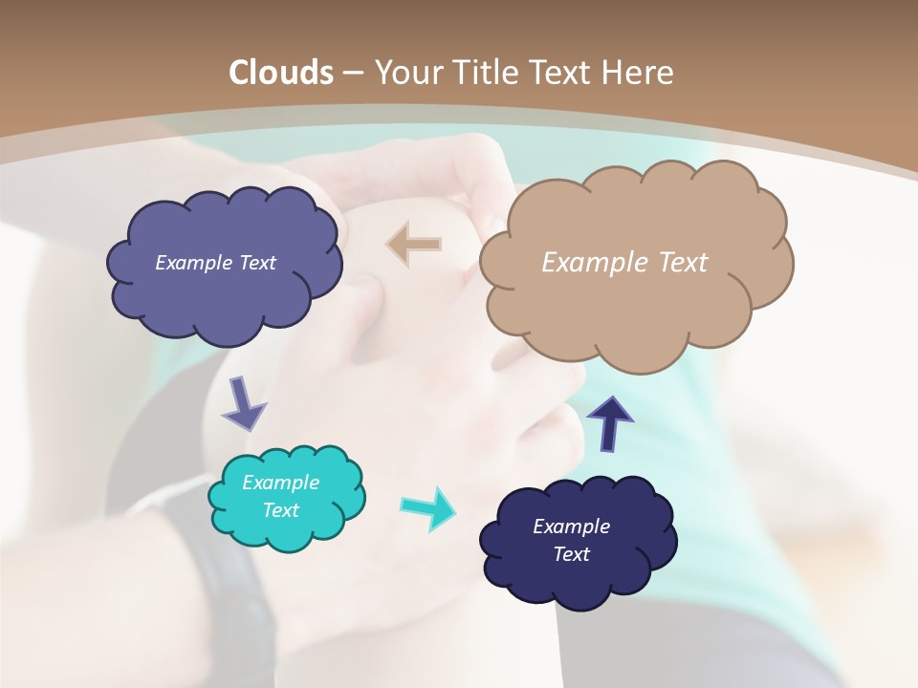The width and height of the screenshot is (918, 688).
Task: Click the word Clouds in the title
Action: point(280,73)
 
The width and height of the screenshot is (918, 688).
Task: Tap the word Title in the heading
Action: point(483,73)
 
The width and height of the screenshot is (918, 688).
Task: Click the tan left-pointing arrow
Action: point(414,245)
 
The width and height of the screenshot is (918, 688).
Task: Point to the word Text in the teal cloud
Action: point(280,510)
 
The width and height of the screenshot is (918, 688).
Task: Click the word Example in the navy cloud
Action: point(571,527)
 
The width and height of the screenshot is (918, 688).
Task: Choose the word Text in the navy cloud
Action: point(571,554)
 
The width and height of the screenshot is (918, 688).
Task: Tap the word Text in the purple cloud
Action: point(257,263)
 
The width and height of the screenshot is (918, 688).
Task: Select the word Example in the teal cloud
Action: point(280,483)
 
